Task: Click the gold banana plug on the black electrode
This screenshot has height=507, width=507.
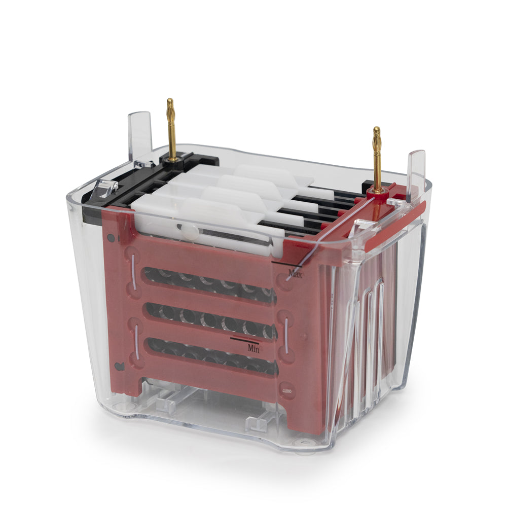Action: [x=171, y=129]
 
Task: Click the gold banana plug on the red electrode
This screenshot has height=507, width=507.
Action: [x=377, y=158]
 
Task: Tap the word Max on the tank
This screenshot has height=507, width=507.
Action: [x=296, y=274]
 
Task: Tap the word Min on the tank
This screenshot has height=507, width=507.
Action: [x=253, y=348]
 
